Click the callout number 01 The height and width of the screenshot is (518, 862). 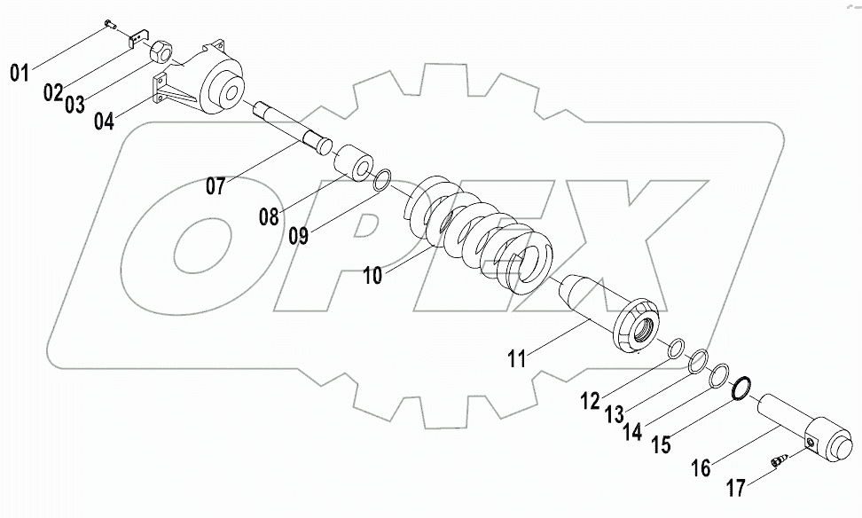[20, 74]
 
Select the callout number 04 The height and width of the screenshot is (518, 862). [104, 121]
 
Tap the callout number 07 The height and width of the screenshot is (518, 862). [217, 187]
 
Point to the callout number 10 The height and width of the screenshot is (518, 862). [372, 276]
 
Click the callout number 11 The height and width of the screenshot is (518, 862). [517, 358]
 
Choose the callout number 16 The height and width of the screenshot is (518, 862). [701, 467]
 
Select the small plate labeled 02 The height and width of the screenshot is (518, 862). [137, 40]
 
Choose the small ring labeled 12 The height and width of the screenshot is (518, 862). [677, 348]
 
